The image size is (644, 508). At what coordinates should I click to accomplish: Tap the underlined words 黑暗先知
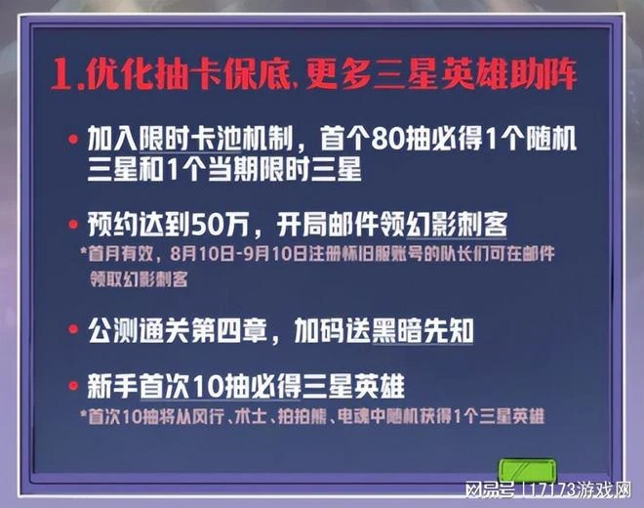pos(430,330)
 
